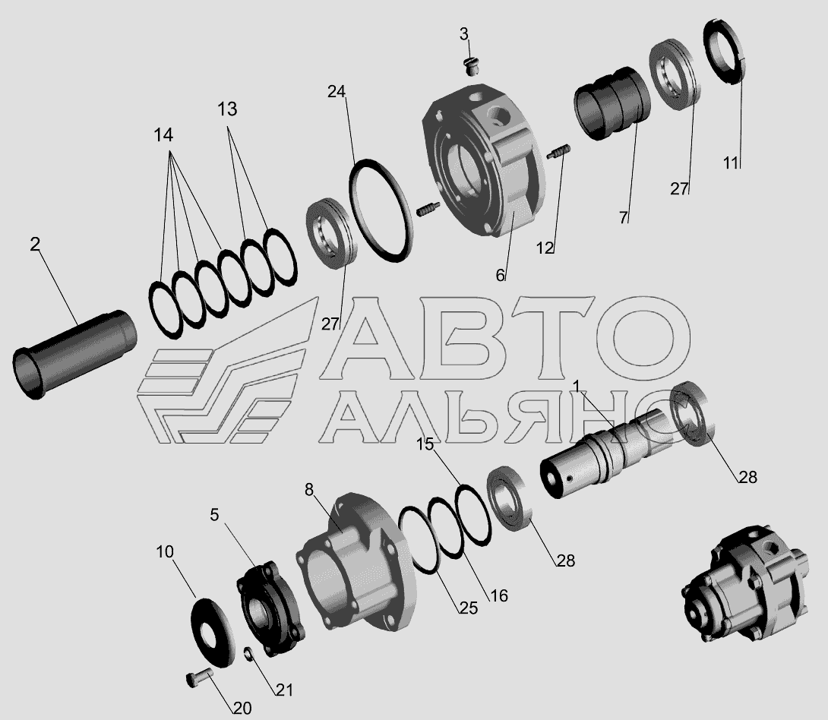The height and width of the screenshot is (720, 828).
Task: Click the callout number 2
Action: tap(35, 245)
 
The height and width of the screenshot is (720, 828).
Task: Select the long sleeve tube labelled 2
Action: tap(74, 354)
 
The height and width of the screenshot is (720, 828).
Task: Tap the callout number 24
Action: tap(337, 92)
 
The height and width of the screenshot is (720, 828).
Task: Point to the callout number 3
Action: tap(463, 34)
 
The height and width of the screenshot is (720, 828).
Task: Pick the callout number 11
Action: tap(730, 163)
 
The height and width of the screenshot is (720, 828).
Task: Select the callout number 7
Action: tap(624, 217)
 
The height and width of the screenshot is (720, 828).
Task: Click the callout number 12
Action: tap(545, 248)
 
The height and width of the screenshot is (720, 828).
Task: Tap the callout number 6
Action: tap(500, 275)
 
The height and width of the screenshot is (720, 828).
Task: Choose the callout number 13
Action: tap(227, 109)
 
